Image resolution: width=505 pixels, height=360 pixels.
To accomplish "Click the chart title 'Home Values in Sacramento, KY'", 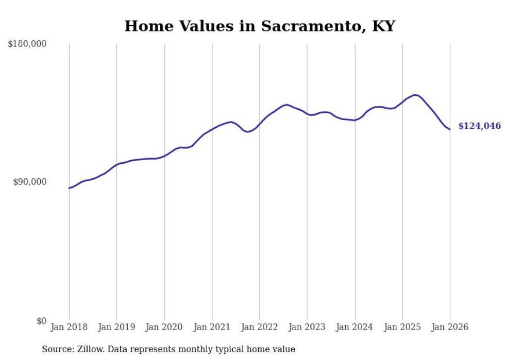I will click(259, 26).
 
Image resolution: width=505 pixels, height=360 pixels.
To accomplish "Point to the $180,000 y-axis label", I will click(27, 44).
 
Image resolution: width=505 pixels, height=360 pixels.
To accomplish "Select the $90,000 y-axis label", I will click(29, 182).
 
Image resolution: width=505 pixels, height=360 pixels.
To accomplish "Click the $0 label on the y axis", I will click(41, 321).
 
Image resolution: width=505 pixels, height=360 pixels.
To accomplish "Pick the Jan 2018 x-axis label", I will click(69, 328).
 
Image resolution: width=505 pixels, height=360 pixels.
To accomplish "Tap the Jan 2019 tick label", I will click(116, 328).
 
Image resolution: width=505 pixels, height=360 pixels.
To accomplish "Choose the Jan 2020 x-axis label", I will click(164, 328).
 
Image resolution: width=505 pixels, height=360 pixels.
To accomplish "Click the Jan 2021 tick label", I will click(212, 328).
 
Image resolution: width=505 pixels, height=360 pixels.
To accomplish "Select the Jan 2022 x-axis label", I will click(260, 328).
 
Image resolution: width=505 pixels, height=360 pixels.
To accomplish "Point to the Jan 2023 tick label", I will click(307, 328).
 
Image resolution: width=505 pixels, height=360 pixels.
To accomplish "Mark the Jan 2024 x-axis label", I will click(355, 328).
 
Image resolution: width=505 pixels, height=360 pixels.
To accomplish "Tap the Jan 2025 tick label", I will click(402, 328).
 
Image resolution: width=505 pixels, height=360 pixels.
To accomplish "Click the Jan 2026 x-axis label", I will click(450, 328).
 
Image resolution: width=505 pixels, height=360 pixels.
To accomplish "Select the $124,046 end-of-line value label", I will click(479, 126).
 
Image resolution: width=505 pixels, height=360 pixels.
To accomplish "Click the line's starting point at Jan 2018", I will click(69, 188).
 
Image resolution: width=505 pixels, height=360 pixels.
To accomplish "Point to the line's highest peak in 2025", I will click(415, 95).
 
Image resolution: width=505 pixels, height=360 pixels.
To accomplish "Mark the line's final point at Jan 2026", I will click(450, 129).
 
